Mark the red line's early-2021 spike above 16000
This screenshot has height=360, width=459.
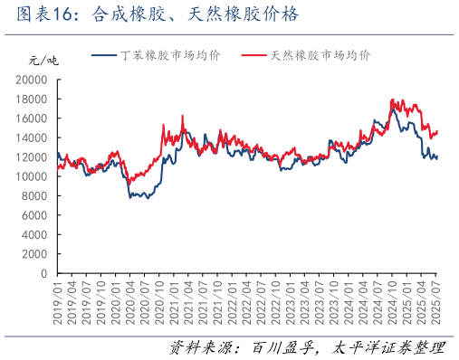tap(183, 116)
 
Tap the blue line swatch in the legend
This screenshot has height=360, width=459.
tap(105, 56)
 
